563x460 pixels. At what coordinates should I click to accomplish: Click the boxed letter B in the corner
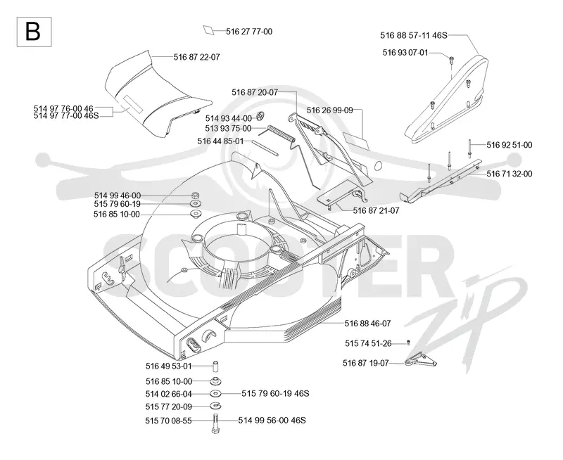tap(34, 32)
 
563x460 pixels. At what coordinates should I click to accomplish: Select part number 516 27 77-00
tap(249, 32)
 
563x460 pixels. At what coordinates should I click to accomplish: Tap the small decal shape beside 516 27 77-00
tap(208, 30)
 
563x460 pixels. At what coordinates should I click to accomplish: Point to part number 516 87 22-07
tap(197, 57)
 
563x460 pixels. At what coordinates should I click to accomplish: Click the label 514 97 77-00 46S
tap(66, 116)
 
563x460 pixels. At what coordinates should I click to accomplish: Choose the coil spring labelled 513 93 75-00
tap(281, 133)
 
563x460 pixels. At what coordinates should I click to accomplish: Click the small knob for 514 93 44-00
tap(262, 116)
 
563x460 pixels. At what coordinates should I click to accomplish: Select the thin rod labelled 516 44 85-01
tap(265, 148)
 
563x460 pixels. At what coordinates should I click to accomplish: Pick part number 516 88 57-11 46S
tap(414, 36)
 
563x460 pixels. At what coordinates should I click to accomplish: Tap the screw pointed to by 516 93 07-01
tap(451, 60)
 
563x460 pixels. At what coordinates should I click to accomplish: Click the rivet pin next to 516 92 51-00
tap(469, 148)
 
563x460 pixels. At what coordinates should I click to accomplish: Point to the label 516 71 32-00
tap(510, 174)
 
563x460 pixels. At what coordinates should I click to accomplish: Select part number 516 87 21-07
tap(377, 210)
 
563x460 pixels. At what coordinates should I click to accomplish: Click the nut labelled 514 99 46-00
tap(196, 196)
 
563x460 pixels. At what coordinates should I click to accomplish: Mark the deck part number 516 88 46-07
tap(367, 324)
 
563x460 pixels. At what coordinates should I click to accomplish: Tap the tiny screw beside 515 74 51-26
tap(408, 343)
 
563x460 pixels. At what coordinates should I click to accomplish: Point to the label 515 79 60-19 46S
tap(275, 394)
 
